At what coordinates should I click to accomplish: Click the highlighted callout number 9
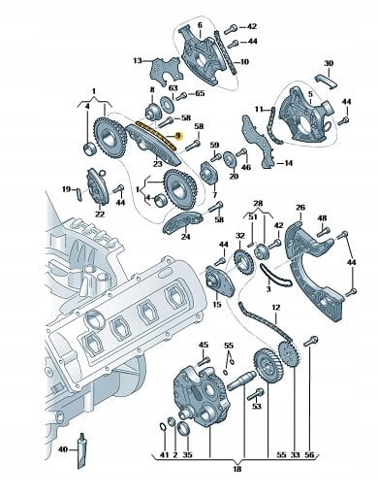click(x=178, y=136)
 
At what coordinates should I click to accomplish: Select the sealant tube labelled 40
click(x=82, y=450)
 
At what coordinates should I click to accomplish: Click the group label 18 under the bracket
click(x=237, y=469)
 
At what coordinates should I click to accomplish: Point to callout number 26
click(x=300, y=207)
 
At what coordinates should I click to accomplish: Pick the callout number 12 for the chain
click(x=276, y=307)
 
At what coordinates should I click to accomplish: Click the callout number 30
click(x=329, y=63)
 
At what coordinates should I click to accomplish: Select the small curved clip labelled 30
click(x=327, y=81)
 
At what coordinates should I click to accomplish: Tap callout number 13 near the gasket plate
click(x=138, y=60)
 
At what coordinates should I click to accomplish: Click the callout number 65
click(x=200, y=94)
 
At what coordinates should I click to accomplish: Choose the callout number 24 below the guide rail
click(x=185, y=237)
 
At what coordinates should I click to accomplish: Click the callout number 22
click(x=100, y=214)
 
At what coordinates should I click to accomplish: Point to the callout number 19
click(x=67, y=189)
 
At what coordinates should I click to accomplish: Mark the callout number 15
click(x=217, y=304)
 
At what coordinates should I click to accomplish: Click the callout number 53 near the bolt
click(x=256, y=406)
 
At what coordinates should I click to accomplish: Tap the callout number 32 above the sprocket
click(x=240, y=236)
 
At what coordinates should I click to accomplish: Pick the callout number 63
click(x=173, y=88)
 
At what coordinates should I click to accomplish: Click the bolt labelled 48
click(x=324, y=232)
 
